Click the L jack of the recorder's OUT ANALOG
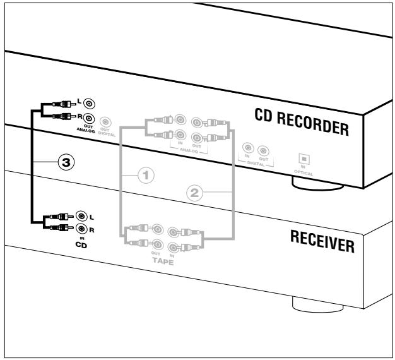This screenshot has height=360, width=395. click(90, 104)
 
